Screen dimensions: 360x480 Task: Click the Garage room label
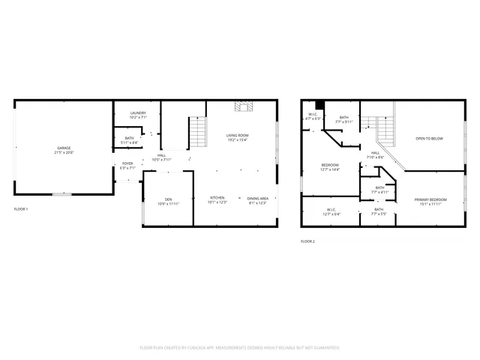click(64, 150)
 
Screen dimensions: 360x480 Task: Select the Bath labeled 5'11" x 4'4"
click(130, 140)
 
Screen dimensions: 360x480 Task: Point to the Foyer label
click(127, 166)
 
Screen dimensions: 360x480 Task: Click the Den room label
click(169, 201)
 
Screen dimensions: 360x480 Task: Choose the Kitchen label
click(217, 200)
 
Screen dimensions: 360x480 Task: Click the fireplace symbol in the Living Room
click(243, 106)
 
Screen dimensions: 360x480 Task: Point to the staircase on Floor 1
click(196, 133)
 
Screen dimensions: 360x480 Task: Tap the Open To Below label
click(430, 139)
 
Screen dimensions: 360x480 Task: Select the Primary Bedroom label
click(430, 200)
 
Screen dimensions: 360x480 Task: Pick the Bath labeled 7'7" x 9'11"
click(343, 118)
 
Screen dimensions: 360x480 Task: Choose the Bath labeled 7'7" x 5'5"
click(379, 211)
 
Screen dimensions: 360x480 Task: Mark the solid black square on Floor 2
click(319, 105)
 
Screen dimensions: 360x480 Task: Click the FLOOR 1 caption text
click(21, 208)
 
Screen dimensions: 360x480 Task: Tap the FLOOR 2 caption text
click(307, 241)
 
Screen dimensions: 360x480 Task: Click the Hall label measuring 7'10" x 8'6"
click(375, 155)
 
